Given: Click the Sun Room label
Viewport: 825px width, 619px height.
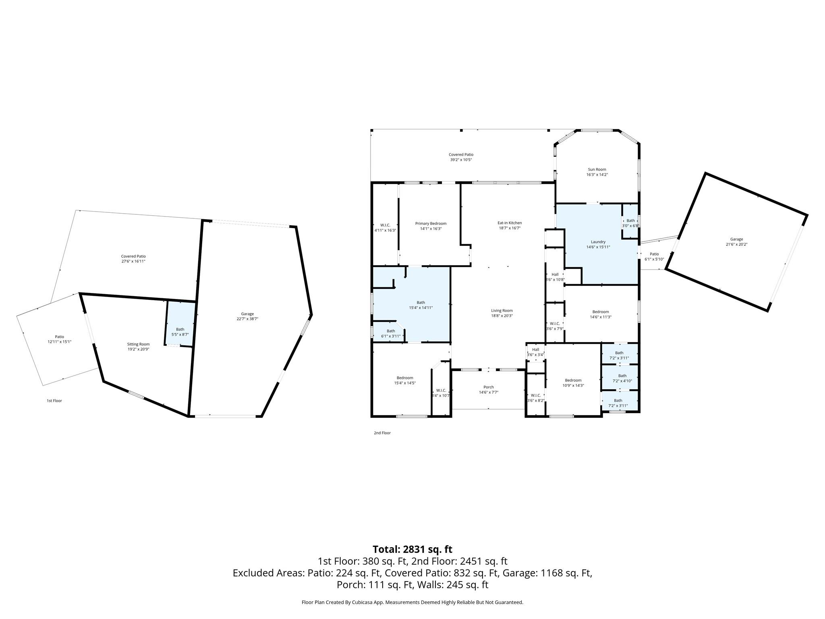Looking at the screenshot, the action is tap(597, 170).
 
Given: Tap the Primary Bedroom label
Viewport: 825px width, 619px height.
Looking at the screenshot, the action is tap(431, 224).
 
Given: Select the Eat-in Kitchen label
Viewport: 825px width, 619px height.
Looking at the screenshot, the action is tap(510, 223).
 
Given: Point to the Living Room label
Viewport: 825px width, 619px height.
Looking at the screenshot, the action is tap(502, 311).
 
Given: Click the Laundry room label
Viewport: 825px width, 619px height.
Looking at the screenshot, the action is tap(598, 242).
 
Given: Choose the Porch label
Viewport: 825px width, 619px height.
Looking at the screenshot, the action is tap(489, 387).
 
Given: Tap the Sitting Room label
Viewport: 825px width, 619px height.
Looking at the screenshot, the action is tap(138, 344).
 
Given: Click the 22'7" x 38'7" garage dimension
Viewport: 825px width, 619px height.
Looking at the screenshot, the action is tap(247, 319).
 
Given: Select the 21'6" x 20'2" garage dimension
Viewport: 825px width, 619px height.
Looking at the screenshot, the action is tap(736, 244).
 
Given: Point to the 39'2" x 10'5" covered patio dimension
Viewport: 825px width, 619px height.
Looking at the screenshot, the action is tap(461, 160).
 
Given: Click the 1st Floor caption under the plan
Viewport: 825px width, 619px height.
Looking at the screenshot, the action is tap(54, 401).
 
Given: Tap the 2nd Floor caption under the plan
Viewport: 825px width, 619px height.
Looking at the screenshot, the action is tap(382, 433).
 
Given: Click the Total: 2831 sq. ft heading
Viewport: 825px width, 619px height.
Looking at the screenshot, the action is tap(412, 549).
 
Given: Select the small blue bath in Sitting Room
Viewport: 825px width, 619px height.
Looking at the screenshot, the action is tap(180, 323).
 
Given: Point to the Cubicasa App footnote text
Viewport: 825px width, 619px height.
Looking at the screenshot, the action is tap(412, 602).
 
